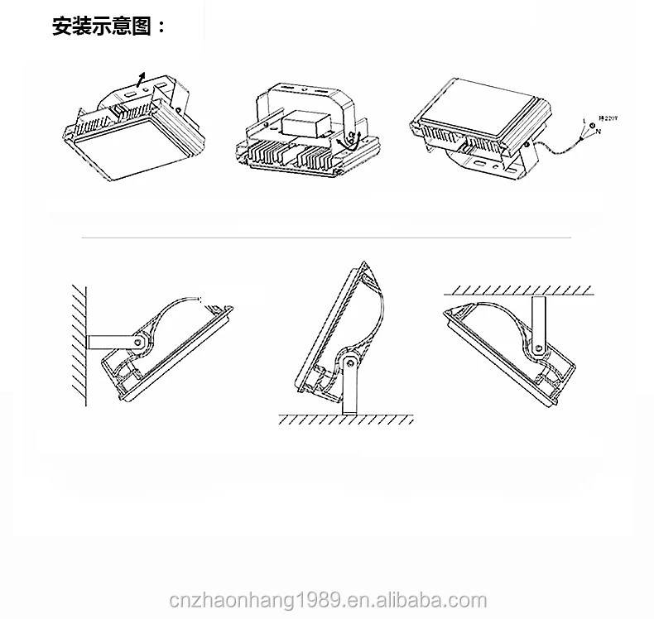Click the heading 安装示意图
108,26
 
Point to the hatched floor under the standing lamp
348,420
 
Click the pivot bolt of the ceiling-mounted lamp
540,350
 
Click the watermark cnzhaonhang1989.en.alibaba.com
327,599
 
